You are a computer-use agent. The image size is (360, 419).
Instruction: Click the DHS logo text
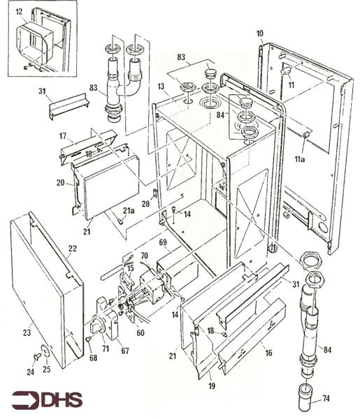(x=62, y=399)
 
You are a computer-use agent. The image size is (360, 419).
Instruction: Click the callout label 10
(x=259, y=34)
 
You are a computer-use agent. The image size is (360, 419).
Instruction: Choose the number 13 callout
(x=161, y=86)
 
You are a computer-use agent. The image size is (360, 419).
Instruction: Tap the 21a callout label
(x=129, y=210)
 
